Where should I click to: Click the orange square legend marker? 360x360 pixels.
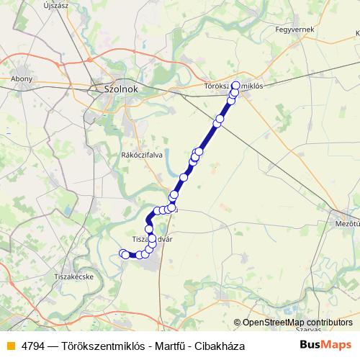pyautogui.click(x=9, y=346)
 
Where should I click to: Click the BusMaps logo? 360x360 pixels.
pyautogui.click(x=326, y=345)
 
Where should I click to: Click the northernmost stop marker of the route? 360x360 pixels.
pyautogui.click(x=235, y=86)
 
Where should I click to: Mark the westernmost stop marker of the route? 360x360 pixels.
pyautogui.click(x=123, y=253)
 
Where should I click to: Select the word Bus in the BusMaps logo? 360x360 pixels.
pyautogui.click(x=314, y=345)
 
